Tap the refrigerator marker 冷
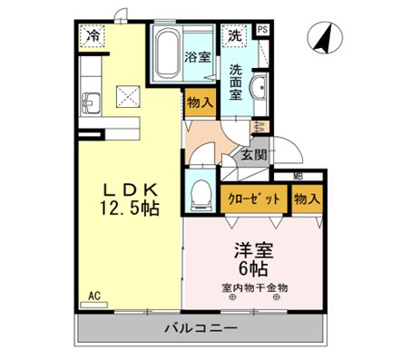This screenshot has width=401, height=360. click(x=93, y=37)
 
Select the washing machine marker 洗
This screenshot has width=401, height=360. click(x=234, y=37)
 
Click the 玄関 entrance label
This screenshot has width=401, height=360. click(x=253, y=155)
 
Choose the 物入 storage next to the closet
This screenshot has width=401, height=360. click(x=303, y=199)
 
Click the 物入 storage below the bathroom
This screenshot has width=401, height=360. click(x=200, y=103)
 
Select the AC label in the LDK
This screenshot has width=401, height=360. click(x=93, y=296)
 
